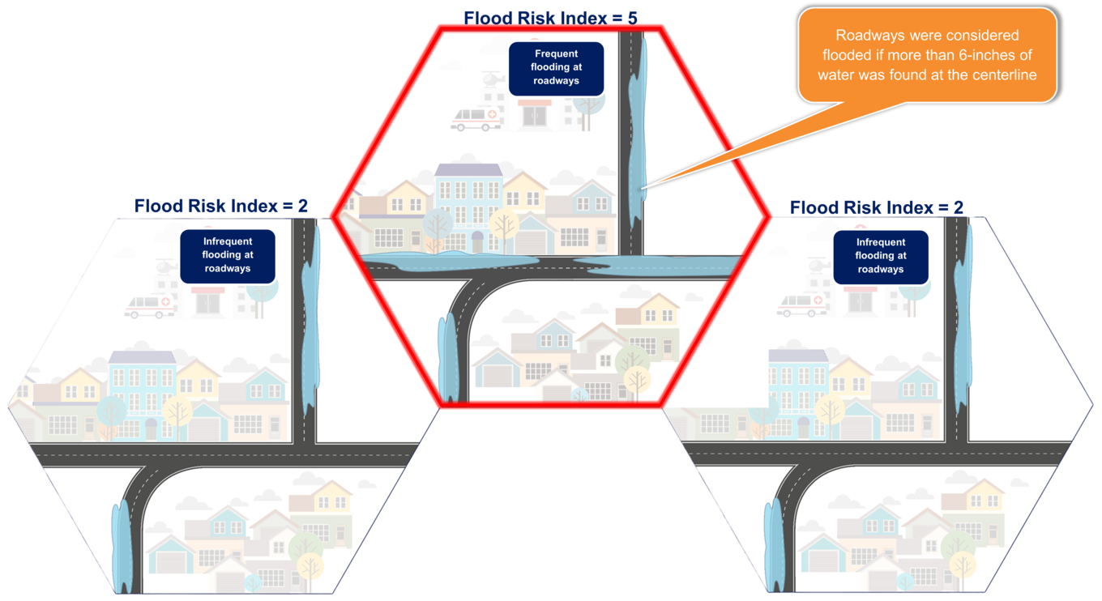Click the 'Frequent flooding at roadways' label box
(556, 68)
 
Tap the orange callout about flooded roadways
(927, 56)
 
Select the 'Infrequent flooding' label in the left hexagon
(228, 255)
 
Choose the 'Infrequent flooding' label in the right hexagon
(880, 256)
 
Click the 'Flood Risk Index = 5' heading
(557, 17)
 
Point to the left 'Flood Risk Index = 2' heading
(221, 206)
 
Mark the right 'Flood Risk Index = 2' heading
(876, 207)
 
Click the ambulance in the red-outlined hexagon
(476, 120)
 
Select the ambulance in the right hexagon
(802, 305)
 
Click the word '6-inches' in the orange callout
(986, 56)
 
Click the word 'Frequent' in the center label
(556, 54)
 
